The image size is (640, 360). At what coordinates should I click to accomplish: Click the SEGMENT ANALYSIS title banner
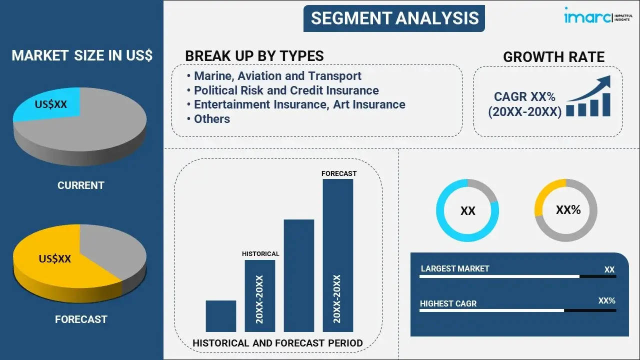click(394, 18)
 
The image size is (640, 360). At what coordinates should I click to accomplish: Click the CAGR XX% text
click(524, 96)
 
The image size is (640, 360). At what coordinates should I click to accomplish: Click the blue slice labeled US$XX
click(48, 104)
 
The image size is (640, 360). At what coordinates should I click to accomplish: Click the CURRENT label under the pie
click(81, 185)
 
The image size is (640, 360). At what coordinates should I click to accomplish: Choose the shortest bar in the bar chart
click(221, 316)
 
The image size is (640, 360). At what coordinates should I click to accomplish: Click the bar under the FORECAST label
click(338, 255)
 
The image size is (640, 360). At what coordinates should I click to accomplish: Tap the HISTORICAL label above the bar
click(260, 253)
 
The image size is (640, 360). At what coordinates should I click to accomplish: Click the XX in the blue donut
click(467, 211)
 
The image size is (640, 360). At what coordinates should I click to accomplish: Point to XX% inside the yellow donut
click(568, 209)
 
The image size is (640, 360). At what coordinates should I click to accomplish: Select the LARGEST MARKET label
click(455, 268)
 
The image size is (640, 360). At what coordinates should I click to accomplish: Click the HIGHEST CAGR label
click(448, 303)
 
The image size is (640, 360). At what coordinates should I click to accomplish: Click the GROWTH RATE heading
click(553, 57)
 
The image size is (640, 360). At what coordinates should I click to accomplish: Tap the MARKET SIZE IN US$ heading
click(82, 55)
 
